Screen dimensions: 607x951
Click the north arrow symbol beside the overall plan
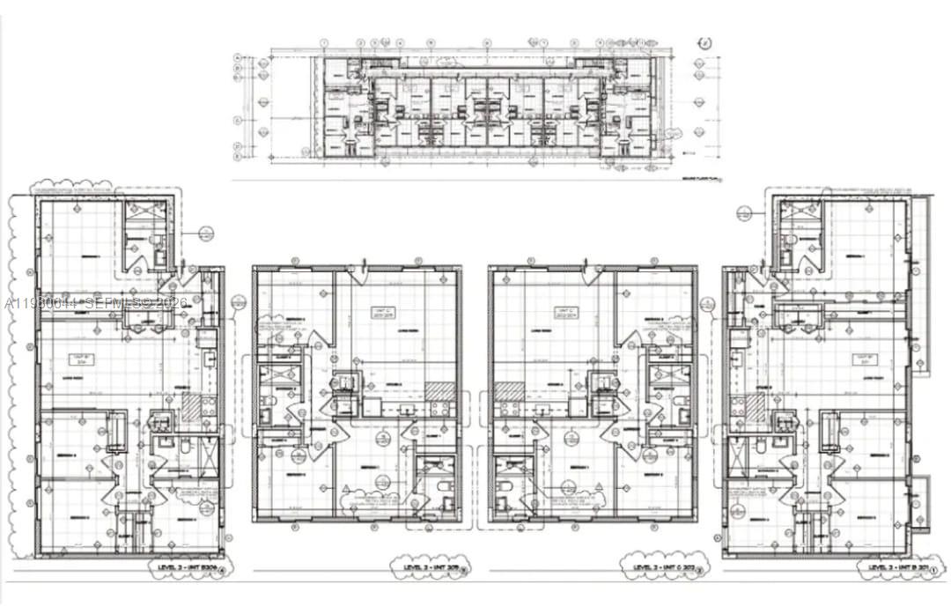704,43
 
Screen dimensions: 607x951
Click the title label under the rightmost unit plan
896,569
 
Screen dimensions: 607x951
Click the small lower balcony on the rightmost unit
920,503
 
